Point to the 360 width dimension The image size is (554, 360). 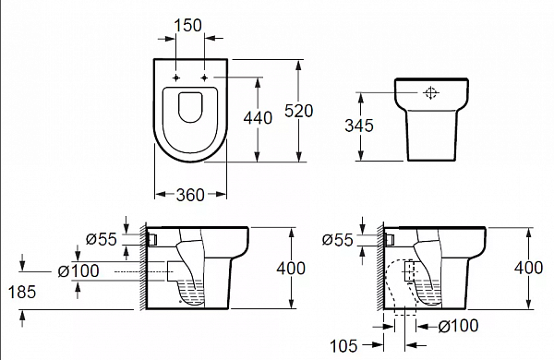pos(189,194)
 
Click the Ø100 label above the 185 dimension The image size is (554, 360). pos(78,270)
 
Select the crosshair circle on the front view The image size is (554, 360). pos(429,93)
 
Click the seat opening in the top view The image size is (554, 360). pos(190,109)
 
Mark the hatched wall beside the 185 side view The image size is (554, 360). pos(141,268)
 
